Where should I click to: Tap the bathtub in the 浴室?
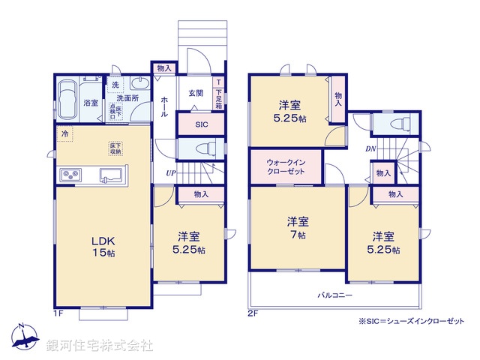pos(68,100)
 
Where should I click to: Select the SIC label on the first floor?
pos(201,124)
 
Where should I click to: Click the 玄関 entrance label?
pos(196,93)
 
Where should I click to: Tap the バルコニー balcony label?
pos(334,295)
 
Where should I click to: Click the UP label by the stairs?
pos(171,173)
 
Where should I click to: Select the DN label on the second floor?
pos(370,148)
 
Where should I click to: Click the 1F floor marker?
pos(58,312)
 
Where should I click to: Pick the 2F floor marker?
pos(253,312)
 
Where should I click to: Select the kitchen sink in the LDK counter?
pos(111,175)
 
